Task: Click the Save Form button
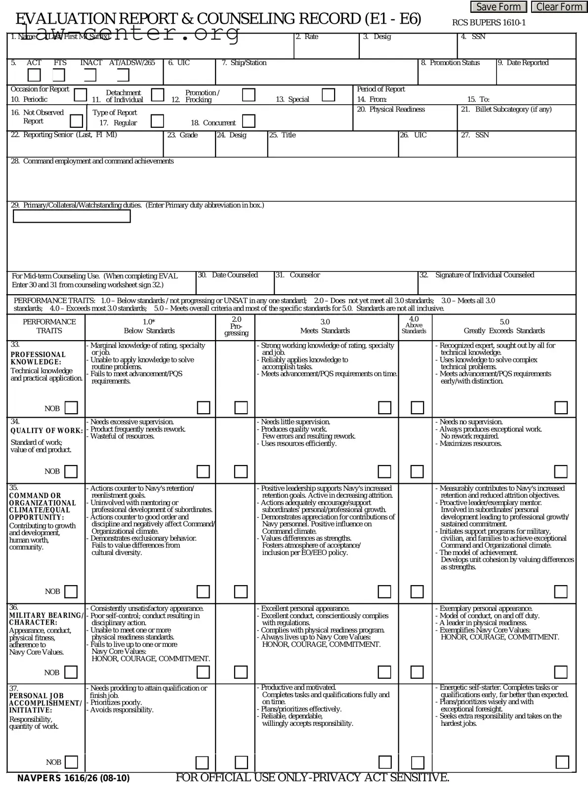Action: click(x=498, y=7)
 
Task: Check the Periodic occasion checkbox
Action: click(x=80, y=95)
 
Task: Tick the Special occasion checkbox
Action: click(x=328, y=95)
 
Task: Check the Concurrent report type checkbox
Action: click(x=249, y=121)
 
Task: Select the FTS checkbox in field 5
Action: click(x=59, y=75)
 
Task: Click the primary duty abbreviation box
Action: click(x=72, y=216)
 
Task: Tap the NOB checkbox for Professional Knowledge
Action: click(x=71, y=408)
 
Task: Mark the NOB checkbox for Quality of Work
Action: click(x=71, y=471)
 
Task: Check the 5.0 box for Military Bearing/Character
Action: click(x=560, y=672)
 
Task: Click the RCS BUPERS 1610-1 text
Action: click(x=489, y=23)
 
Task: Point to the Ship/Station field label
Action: click(x=244, y=63)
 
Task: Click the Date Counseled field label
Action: click(x=235, y=275)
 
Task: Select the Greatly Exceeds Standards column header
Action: click(x=504, y=331)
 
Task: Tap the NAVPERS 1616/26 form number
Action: click(x=74, y=779)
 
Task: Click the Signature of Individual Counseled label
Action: click(x=484, y=275)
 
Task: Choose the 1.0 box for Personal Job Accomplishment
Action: click(x=202, y=762)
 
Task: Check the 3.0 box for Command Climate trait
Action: click(x=384, y=591)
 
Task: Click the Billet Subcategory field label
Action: click(x=513, y=109)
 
